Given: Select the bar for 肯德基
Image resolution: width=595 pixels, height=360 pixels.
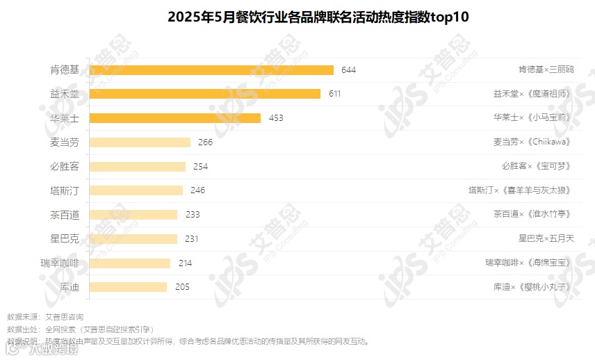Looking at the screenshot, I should [x=212, y=69].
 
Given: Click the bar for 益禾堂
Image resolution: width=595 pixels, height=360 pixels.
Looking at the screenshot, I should [x=205, y=94].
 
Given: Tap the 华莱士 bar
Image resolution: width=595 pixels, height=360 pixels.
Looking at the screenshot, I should [x=175, y=118].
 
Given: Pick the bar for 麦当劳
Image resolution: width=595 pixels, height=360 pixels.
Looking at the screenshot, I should [x=140, y=142].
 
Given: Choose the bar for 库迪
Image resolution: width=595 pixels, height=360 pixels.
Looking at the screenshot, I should [x=129, y=287].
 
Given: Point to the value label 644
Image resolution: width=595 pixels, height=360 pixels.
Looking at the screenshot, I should [x=348, y=69].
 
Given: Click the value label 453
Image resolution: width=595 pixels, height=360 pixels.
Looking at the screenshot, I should [x=275, y=118].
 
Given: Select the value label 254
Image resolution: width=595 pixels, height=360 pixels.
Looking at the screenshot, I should [x=200, y=167].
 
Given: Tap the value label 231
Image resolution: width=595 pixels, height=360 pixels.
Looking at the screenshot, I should [x=192, y=239].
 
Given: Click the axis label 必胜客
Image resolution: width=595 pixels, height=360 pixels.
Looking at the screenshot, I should [x=65, y=167].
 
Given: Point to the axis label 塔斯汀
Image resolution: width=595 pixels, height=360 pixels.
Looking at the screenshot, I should [x=65, y=190].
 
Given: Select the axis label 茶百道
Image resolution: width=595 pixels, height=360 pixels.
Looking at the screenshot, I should [x=65, y=215].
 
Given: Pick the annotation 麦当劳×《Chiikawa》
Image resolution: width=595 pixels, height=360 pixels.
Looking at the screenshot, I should [x=533, y=142].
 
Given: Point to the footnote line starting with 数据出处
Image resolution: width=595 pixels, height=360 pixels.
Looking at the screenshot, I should [x=80, y=329].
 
